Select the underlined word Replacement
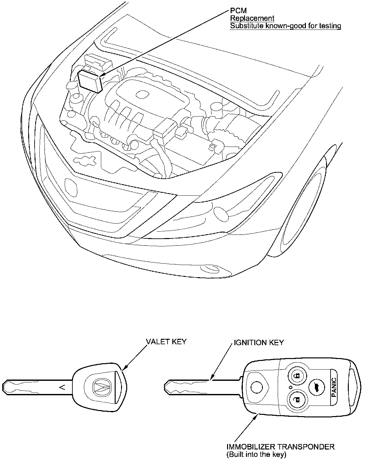[252, 18]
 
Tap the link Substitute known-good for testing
[285, 26]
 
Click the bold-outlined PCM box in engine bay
[90, 81]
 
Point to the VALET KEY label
[166, 342]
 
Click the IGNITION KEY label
[258, 342]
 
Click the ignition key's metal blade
[202, 387]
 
